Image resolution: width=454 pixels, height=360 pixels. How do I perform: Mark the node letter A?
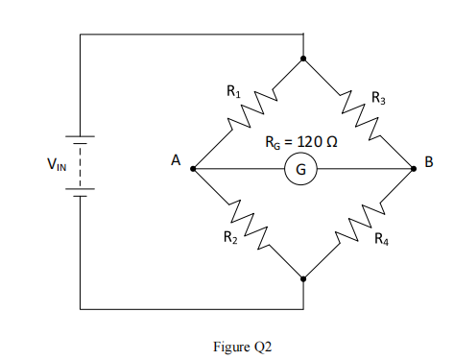[x=176, y=162]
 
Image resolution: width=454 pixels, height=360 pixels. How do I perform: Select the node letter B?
[x=428, y=166]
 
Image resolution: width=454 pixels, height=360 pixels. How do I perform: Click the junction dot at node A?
[x=193, y=169]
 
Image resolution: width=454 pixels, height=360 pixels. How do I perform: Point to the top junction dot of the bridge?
[x=303, y=59]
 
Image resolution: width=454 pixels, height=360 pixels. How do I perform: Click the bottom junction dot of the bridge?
[x=303, y=279]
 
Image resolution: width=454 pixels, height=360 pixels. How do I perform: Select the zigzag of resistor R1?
[x=249, y=113]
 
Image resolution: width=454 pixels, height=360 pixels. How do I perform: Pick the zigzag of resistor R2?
[x=249, y=225]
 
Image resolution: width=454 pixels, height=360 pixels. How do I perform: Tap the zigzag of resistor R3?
[x=358, y=113]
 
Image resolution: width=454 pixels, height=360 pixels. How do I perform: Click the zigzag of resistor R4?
[x=358, y=225]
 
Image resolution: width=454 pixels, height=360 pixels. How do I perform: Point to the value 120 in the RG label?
[x=309, y=142]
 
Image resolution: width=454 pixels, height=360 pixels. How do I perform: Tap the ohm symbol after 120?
[x=332, y=142]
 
